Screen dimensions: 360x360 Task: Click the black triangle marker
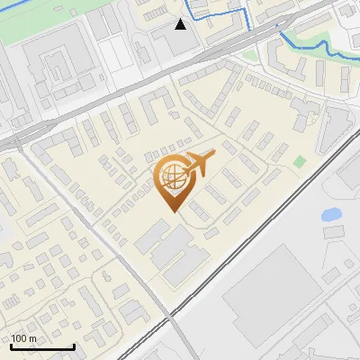point(181,24)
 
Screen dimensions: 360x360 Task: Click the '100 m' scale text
point(24,338)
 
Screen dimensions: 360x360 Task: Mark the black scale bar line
point(42,346)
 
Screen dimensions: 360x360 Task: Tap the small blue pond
point(331,215)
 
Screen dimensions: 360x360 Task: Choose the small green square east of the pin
point(300,161)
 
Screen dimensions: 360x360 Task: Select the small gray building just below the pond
point(334,232)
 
